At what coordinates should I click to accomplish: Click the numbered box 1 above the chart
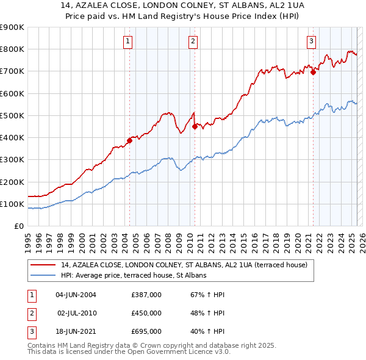coord(128,41)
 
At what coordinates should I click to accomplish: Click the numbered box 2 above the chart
coord(193,41)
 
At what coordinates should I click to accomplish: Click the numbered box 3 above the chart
coord(311,41)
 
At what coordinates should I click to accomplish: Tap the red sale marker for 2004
coord(129,140)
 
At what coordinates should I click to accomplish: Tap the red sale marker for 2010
coord(195,127)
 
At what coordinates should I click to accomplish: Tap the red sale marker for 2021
coord(313,72)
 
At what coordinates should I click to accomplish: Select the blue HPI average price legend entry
coord(134,275)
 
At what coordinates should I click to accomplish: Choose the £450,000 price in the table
coord(146,313)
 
